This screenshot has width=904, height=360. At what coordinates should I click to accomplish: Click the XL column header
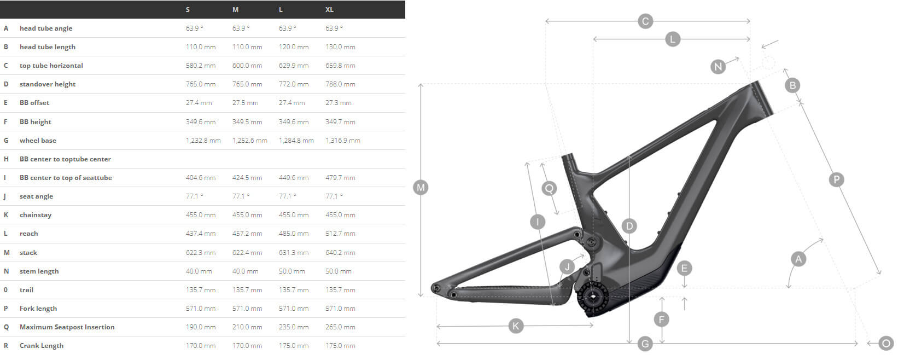pos(329,10)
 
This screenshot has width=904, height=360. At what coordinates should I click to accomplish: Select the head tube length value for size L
pos(293,47)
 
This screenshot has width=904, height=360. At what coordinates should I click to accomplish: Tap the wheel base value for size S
pos(203,141)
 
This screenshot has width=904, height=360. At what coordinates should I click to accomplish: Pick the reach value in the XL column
pos(340,234)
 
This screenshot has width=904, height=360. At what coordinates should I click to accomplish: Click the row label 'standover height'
pos(48,84)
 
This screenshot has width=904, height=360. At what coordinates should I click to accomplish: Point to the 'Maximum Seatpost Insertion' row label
pos(67,327)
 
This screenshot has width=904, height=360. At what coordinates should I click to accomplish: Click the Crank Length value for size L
pos(293,346)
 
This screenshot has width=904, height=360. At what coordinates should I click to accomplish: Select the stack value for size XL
pos(340,253)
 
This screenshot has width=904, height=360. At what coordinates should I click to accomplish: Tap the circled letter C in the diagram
pos(645,21)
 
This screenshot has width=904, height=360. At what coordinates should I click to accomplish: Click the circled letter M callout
pos(421,188)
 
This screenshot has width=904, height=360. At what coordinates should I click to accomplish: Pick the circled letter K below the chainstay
pos(516,326)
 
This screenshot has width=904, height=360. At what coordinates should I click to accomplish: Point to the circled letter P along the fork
pos(836,179)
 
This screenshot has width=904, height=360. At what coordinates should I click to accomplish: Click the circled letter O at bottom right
pos(886,343)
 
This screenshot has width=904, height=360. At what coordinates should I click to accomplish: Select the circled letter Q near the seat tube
pos(549,188)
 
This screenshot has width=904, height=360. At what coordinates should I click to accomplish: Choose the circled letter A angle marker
pos(798,259)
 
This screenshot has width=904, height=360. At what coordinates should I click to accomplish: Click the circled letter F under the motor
pos(662,320)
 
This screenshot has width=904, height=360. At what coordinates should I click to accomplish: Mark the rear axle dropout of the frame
pos(436,287)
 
